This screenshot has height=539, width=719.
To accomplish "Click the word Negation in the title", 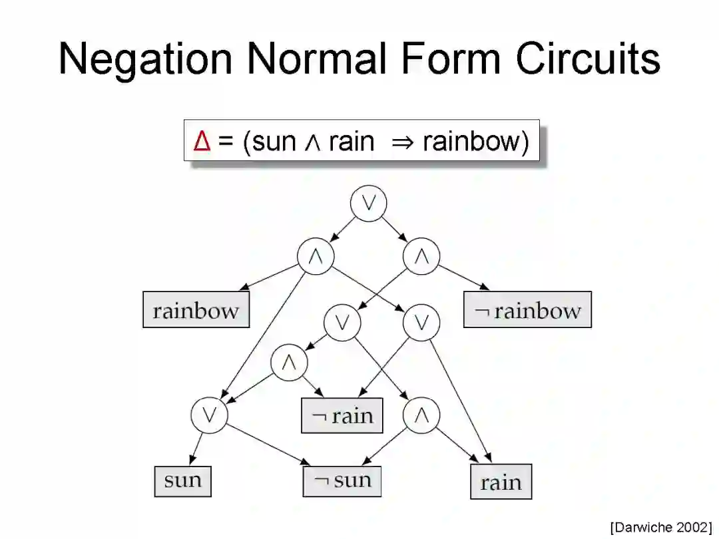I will click(x=145, y=59).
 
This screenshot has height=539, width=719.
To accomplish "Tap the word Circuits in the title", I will click(x=587, y=59).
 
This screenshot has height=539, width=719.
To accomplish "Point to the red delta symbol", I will click(x=202, y=141).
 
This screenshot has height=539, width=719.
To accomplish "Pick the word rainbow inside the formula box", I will click(x=475, y=141).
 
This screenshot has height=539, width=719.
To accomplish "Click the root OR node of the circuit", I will click(x=368, y=204).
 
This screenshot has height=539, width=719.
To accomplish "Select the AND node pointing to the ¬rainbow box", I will click(x=421, y=257).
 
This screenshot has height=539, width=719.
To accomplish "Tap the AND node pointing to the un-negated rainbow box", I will click(x=316, y=257).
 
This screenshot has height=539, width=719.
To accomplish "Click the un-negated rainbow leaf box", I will click(x=196, y=310).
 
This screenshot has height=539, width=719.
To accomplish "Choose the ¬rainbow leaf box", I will click(x=527, y=310).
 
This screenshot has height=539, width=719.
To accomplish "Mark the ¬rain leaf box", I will click(x=343, y=416).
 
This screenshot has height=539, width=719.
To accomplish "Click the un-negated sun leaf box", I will click(x=183, y=480).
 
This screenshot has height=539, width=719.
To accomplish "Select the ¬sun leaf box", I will click(x=342, y=480).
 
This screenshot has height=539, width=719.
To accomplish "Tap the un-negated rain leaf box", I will click(x=501, y=482).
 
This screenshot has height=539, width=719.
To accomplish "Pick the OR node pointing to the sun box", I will click(x=209, y=415).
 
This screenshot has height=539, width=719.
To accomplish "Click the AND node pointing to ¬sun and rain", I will click(x=421, y=415).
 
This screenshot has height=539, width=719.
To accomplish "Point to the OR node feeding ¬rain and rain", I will click(x=421, y=323).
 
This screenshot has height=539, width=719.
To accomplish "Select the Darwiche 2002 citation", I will click(x=660, y=527).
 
